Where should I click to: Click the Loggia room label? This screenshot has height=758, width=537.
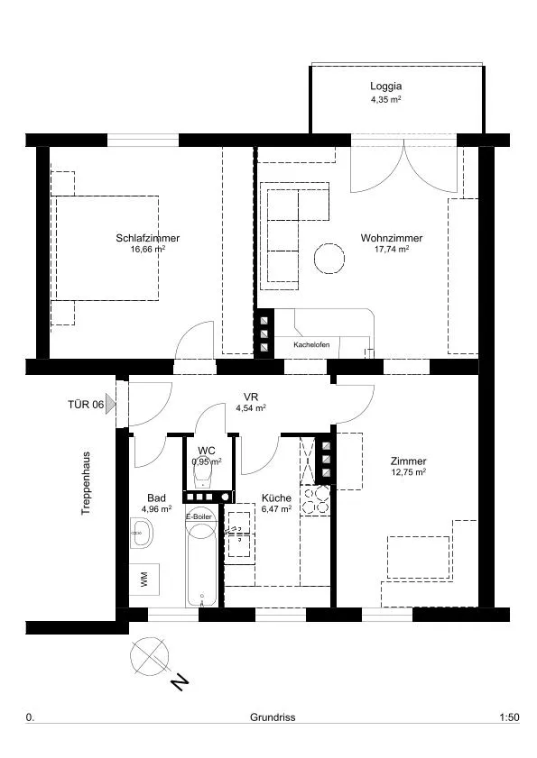[386, 86]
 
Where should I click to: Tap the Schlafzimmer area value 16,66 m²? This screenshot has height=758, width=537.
[148, 250]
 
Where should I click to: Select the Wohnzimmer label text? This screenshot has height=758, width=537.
[392, 238]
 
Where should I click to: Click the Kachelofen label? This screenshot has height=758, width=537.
[311, 344]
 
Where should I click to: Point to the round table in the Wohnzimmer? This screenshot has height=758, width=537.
[329, 259]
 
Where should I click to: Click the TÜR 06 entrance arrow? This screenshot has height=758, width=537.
[111, 404]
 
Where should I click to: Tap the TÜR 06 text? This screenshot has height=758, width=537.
[86, 404]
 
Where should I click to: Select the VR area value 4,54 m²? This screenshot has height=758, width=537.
[251, 408]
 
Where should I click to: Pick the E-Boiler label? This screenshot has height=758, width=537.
[199, 516]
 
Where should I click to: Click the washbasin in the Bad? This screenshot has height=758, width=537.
[142, 533]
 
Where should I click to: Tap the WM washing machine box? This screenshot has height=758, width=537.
[144, 580]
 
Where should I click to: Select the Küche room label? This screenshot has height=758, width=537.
[276, 498]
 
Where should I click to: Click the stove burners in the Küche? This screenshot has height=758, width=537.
[315, 500]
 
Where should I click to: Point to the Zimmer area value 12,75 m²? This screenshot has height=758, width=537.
[408, 473]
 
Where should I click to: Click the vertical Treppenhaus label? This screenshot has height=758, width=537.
[86, 483]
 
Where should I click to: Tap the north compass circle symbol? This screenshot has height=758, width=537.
[150, 656]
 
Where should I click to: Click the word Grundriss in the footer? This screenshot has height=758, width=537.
[273, 717]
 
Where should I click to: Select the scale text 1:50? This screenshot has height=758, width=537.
[509, 717]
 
